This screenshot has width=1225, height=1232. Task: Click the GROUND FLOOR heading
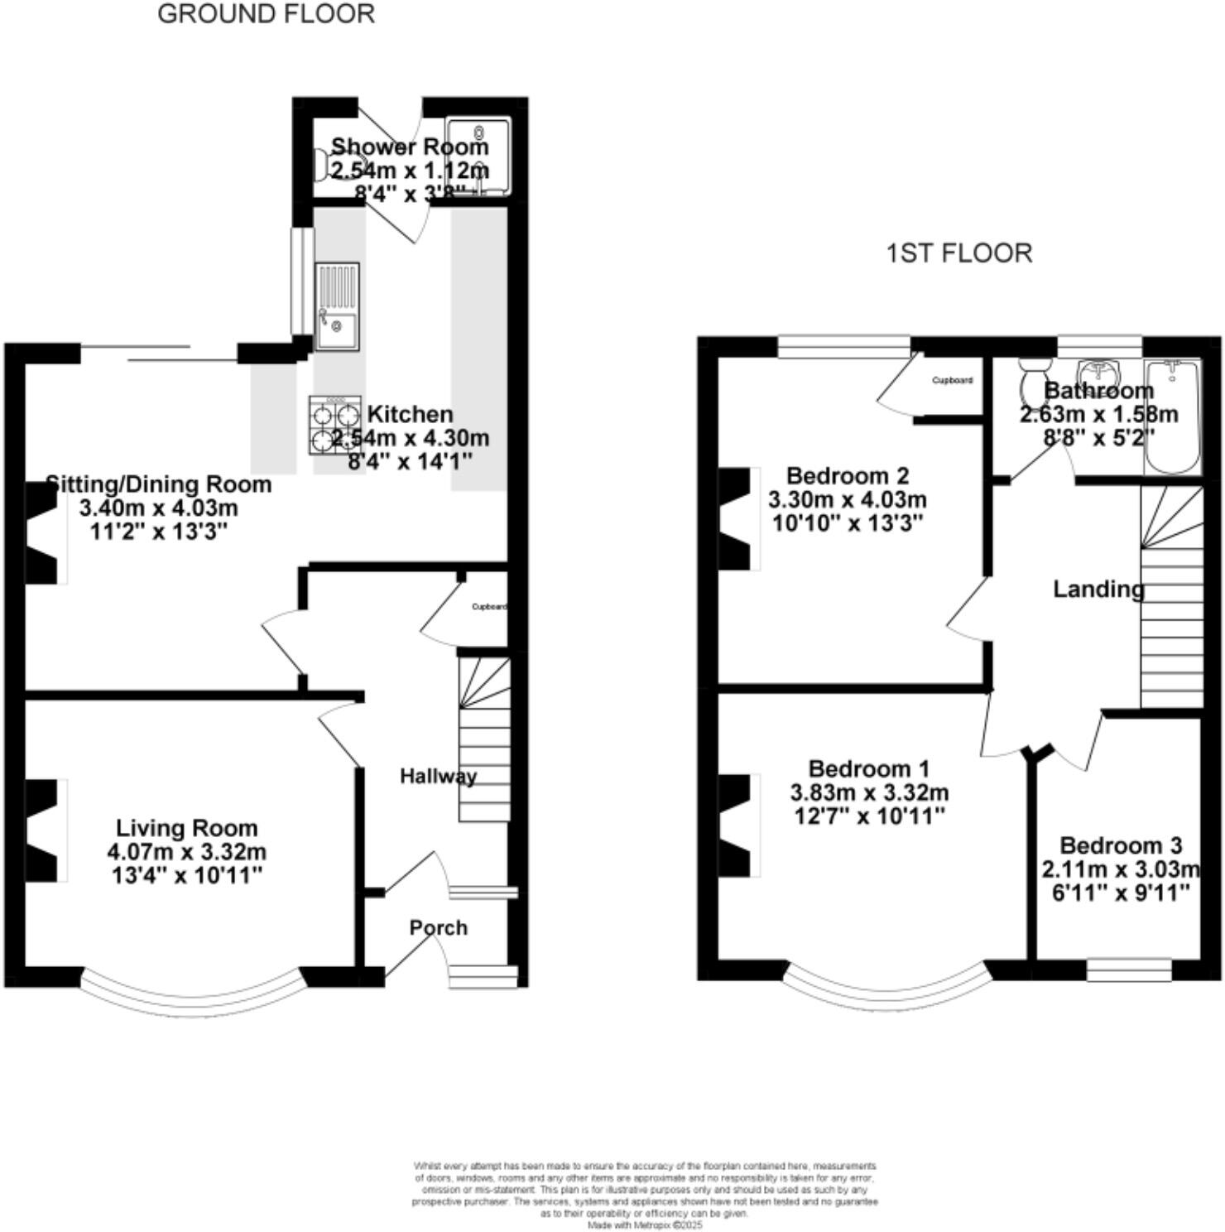coord(266,14)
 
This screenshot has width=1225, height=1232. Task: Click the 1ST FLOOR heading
coord(959,253)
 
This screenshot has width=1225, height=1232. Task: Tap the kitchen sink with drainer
coord(337,306)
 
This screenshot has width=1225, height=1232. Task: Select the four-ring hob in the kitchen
coord(335,425)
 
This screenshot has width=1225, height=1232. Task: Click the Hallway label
coord(438,776)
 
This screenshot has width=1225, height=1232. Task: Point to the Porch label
coord(438,927)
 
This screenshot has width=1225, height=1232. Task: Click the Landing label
coord(1098,589)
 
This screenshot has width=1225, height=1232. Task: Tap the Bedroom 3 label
coord(1121,845)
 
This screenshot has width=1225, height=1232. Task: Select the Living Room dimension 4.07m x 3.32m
coord(186,851)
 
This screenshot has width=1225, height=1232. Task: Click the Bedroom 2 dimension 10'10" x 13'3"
coord(848,523)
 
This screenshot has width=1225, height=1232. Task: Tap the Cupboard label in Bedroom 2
coord(952,380)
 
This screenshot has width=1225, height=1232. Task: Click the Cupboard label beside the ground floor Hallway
coord(488,607)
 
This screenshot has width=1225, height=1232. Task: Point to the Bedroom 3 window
coord(1129,970)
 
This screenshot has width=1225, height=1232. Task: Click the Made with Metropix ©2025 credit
coord(645,1225)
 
